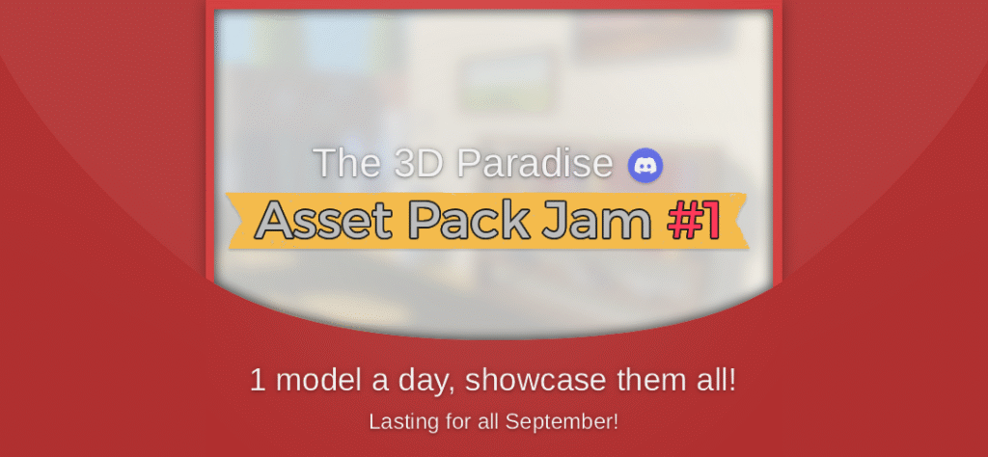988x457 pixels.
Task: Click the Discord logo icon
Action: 645,165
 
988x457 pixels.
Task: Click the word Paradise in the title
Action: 535,164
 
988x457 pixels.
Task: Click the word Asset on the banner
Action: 322,221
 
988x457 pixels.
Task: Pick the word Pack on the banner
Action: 467,221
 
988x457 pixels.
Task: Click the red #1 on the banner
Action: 694,221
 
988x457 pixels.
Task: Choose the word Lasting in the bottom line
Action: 398,422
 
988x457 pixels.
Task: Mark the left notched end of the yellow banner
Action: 236,221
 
